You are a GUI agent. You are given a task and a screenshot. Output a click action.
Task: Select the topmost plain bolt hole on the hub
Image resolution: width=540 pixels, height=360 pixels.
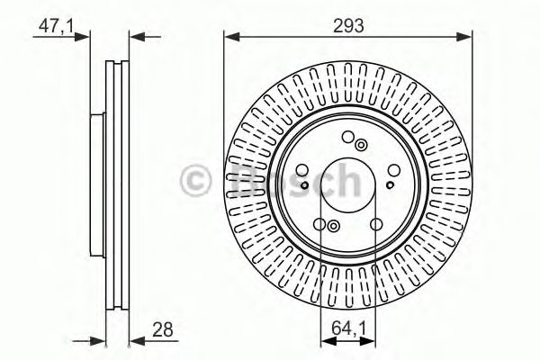tap(346, 138)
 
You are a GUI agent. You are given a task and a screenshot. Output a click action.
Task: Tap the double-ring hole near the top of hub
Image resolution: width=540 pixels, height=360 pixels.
tap(361, 145)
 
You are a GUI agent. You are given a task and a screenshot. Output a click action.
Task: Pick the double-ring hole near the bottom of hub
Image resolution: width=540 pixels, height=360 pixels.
tap(333, 227)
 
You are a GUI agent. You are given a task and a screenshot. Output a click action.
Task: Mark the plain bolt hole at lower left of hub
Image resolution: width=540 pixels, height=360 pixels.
tap(321, 225)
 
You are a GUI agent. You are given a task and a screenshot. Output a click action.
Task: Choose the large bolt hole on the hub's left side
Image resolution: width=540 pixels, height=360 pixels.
tap(298, 176)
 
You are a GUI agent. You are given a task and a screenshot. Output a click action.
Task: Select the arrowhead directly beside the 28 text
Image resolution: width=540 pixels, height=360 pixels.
tap(136, 339)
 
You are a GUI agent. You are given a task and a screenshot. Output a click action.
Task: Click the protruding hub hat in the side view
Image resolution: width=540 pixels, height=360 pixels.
tap(98, 180)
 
